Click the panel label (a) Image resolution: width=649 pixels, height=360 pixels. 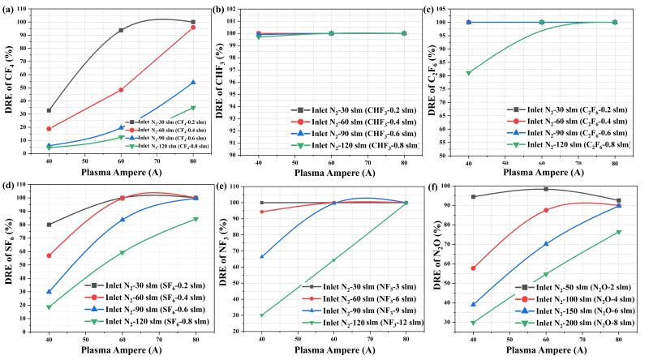(x=10, y=9)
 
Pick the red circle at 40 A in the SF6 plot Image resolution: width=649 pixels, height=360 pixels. (x=49, y=255)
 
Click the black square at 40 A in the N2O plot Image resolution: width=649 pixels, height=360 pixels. (x=473, y=196)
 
